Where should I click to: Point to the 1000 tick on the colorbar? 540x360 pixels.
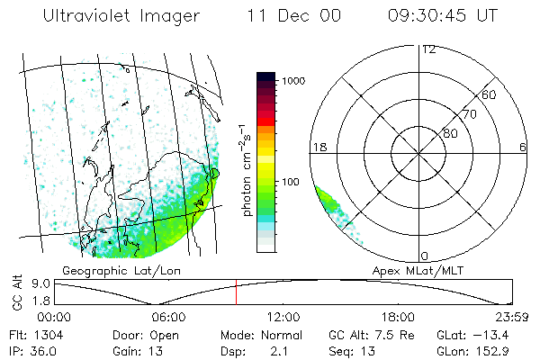click(x=292, y=81)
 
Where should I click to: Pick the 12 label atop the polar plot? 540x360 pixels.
click(x=428, y=49)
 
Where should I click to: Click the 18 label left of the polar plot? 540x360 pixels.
click(x=318, y=147)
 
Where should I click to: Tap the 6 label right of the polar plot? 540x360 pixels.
click(x=523, y=147)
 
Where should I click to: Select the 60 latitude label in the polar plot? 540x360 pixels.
click(x=490, y=94)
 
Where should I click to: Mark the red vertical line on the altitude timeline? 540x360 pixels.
click(x=236, y=292)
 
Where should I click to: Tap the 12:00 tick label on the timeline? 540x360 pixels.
click(x=283, y=316)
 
